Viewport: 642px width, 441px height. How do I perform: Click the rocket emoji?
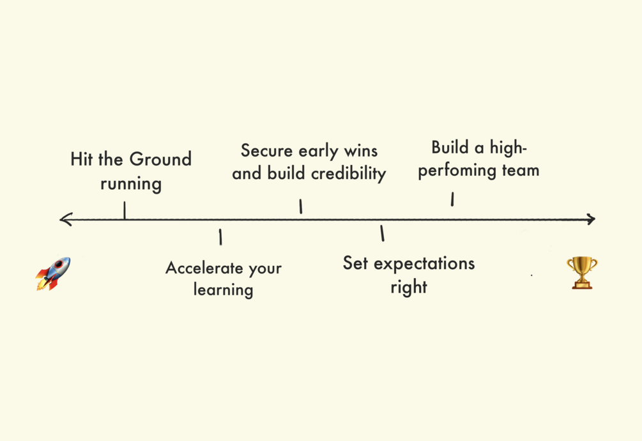tap(53, 274)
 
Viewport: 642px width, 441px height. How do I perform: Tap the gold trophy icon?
tap(581, 273)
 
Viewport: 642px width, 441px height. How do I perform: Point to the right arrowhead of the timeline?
tap(590, 219)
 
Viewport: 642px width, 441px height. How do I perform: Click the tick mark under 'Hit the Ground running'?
tap(125, 210)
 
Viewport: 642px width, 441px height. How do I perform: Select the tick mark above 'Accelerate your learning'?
tap(220, 237)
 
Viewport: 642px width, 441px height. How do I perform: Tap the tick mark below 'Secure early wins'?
tap(301, 206)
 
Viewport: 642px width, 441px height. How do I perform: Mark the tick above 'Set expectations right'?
tap(382, 233)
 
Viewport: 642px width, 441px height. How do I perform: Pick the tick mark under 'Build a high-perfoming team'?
tap(452, 199)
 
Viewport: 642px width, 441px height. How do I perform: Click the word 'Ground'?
tap(160, 159)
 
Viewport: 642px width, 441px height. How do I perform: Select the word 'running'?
tap(131, 185)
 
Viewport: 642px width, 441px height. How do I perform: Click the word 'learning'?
tap(223, 290)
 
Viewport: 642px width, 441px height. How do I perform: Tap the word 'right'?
tap(409, 287)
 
